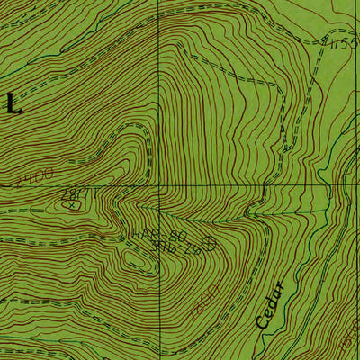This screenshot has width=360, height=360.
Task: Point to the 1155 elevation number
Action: (344, 41)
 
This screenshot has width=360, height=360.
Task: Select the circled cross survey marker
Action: (211, 241)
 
